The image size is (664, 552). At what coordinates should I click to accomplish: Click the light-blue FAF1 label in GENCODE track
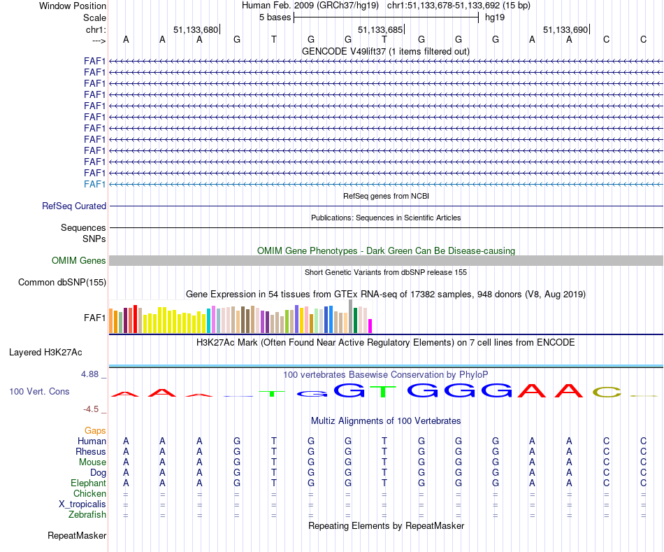point(95,184)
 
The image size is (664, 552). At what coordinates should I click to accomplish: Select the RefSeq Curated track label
point(74,206)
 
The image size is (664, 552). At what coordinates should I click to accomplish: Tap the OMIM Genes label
point(79,261)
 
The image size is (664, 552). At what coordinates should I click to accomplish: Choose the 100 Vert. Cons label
point(39,392)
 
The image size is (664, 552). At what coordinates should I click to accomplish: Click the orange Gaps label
point(96,431)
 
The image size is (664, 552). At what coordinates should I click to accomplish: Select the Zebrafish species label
point(88,515)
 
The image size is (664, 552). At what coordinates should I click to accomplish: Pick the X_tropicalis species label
point(82,504)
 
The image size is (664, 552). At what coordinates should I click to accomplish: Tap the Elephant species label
point(88,483)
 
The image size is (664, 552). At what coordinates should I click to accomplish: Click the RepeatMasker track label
point(77,536)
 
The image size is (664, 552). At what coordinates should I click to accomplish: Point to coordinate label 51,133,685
point(380,30)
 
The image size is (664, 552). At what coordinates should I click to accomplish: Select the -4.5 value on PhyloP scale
point(93,409)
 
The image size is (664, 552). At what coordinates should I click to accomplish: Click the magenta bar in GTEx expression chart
point(370,326)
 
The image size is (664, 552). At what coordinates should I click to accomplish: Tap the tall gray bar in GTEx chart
point(350,316)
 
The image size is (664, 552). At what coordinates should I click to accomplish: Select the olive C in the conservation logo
point(606,392)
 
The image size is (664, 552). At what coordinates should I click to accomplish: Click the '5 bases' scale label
point(274,17)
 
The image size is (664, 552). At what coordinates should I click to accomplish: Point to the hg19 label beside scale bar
point(495,17)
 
